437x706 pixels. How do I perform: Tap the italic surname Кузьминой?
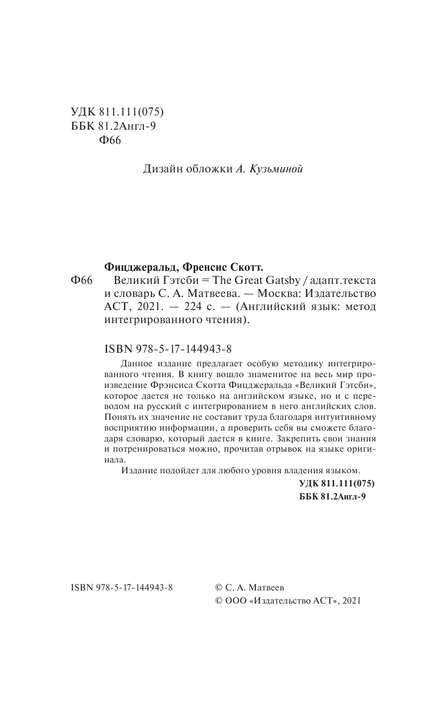(277, 169)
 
